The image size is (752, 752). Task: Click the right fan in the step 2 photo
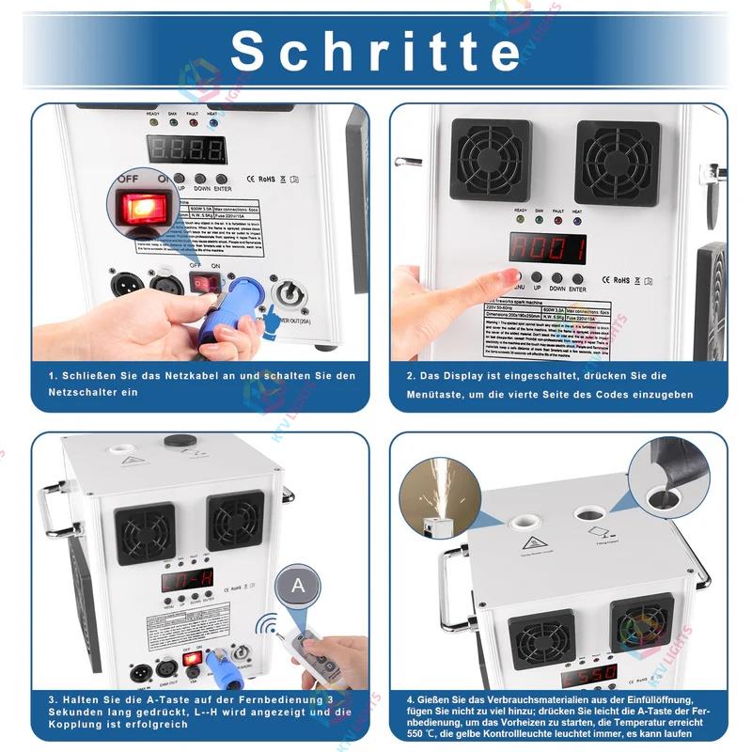pyautogui.click(x=617, y=161)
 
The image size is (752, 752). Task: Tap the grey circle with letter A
pyautogui.click(x=298, y=586)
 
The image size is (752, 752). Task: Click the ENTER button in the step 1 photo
pyautogui.click(x=221, y=178)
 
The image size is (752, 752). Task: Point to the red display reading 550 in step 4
pyautogui.click(x=589, y=674)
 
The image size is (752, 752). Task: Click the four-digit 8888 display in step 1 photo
pyautogui.click(x=186, y=149)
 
